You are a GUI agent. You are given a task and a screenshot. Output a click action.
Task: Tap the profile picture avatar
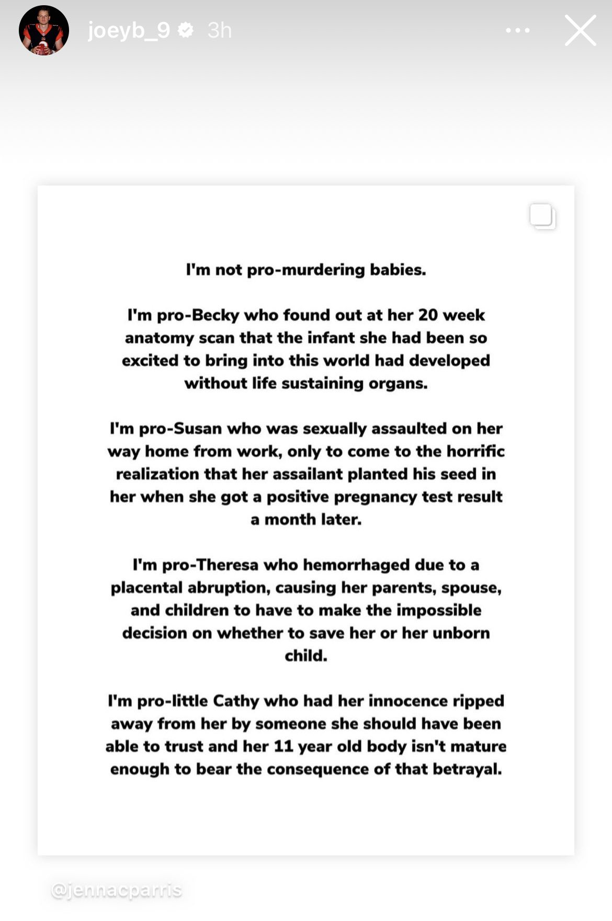pyautogui.click(x=44, y=30)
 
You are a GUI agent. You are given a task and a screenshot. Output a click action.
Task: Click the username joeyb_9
pyautogui.click(x=129, y=30)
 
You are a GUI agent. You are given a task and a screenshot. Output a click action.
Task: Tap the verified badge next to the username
pyautogui.click(x=186, y=30)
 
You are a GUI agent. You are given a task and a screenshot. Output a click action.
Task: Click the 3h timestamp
pyautogui.click(x=219, y=30)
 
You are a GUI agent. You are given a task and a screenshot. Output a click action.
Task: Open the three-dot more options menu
pyautogui.click(x=517, y=30)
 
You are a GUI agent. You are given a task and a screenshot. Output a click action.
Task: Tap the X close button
pyautogui.click(x=580, y=30)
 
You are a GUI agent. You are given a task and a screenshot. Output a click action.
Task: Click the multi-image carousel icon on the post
pyautogui.click(x=542, y=216)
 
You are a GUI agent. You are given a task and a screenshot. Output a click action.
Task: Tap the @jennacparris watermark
pyautogui.click(x=117, y=890)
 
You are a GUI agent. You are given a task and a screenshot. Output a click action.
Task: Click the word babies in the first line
pyautogui.click(x=398, y=270)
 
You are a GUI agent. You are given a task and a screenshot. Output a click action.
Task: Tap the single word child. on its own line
pyautogui.click(x=306, y=655)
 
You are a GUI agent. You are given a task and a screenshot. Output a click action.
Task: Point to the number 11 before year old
pyautogui.click(x=283, y=746)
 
